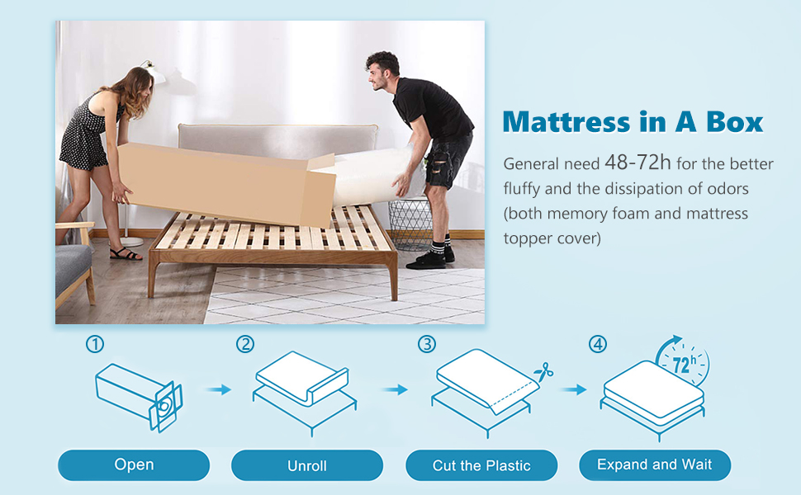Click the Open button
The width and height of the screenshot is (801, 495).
(134, 465)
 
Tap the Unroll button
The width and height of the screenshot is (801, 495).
(307, 465)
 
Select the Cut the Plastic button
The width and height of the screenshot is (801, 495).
(481, 465)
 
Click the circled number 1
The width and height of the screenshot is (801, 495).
(95, 344)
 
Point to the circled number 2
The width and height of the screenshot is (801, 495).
(245, 344)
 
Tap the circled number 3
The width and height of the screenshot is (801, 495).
(427, 344)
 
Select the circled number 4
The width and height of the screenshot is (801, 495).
(598, 344)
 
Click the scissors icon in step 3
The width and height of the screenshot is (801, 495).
(543, 372)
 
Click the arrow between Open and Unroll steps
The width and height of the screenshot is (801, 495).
(219, 390)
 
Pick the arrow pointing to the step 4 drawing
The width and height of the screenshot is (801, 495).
(574, 390)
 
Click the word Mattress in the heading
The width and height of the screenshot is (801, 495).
(566, 122)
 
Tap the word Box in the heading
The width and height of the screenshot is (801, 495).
(735, 122)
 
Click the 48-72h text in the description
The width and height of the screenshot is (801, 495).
(637, 163)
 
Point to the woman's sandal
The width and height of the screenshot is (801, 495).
(126, 253)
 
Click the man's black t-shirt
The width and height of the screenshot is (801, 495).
(432, 108)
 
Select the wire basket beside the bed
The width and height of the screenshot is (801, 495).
(410, 224)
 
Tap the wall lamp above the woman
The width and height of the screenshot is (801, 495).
(154, 72)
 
